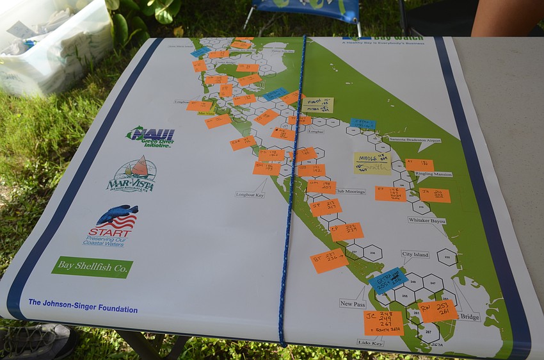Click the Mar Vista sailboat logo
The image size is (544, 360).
132,174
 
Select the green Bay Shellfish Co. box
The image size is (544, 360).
92,267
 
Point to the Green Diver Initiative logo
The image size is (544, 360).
151,136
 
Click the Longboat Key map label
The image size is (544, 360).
250,194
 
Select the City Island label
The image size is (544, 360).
415,254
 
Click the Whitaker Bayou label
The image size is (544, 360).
427,220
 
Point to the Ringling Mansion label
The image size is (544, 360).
434,174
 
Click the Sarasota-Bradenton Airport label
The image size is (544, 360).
414,140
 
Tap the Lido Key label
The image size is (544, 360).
371,343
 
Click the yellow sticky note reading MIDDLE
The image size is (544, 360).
372,163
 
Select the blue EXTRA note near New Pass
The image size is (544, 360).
388,280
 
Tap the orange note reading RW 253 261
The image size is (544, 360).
438,311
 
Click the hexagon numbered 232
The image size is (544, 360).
447,257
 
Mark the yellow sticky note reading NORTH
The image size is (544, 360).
318,105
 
